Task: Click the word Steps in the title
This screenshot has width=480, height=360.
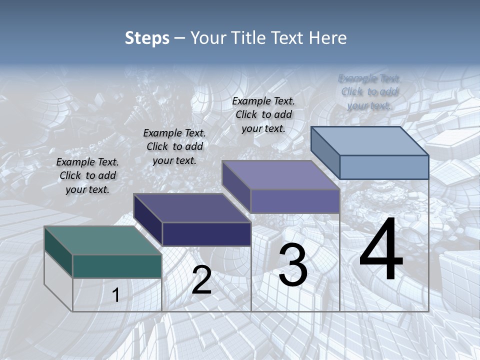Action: click(147, 38)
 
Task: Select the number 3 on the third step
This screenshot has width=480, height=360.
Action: click(293, 265)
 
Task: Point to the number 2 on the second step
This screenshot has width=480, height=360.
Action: click(201, 280)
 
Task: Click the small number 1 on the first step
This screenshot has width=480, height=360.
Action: click(115, 295)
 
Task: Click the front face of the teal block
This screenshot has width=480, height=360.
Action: click(117, 266)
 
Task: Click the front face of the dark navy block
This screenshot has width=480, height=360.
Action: click(206, 234)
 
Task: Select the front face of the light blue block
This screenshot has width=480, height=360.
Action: click(384, 167)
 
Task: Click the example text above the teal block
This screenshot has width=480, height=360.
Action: click(87, 175)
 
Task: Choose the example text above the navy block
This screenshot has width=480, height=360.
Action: click(174, 146)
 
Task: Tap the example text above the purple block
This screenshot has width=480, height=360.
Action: click(263, 114)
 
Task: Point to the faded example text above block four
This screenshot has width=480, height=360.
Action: click(369, 91)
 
